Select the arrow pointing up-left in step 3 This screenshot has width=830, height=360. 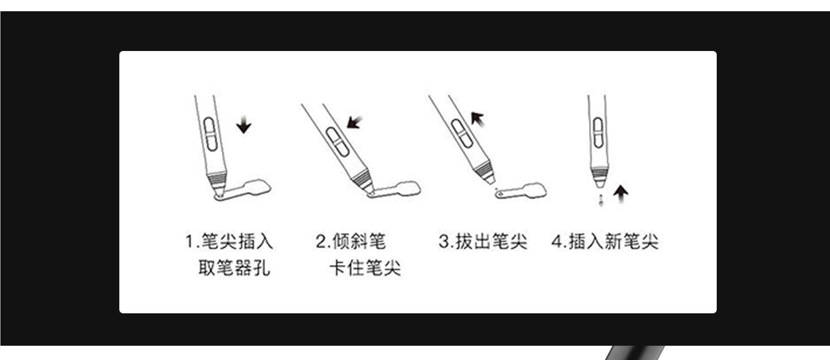(x=478, y=118)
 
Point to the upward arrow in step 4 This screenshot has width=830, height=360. (x=621, y=194)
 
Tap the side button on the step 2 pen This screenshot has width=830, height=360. (x=338, y=141)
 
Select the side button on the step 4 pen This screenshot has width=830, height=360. (x=598, y=132)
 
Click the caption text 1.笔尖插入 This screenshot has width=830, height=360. (x=229, y=241)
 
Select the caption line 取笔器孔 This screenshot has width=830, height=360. (x=234, y=268)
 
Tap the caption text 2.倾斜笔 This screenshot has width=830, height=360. (x=350, y=241)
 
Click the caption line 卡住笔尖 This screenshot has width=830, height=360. (x=365, y=268)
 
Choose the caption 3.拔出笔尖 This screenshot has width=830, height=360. (x=483, y=241)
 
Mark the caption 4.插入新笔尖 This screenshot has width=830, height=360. (x=605, y=241)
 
